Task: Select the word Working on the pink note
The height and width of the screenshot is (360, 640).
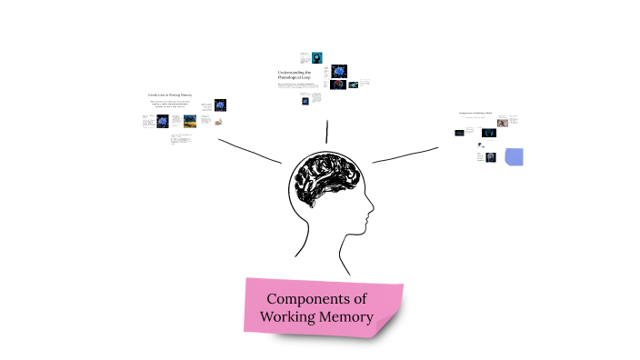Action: [x=286, y=317]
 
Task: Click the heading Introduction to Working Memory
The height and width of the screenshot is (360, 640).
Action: [x=170, y=94]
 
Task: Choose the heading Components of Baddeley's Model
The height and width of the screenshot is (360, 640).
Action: [x=475, y=113]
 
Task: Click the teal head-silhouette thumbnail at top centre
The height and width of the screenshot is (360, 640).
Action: [x=317, y=56]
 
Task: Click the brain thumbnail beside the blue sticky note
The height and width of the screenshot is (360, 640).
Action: [x=491, y=157]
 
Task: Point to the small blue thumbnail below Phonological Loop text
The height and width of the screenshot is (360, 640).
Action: [x=305, y=101]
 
